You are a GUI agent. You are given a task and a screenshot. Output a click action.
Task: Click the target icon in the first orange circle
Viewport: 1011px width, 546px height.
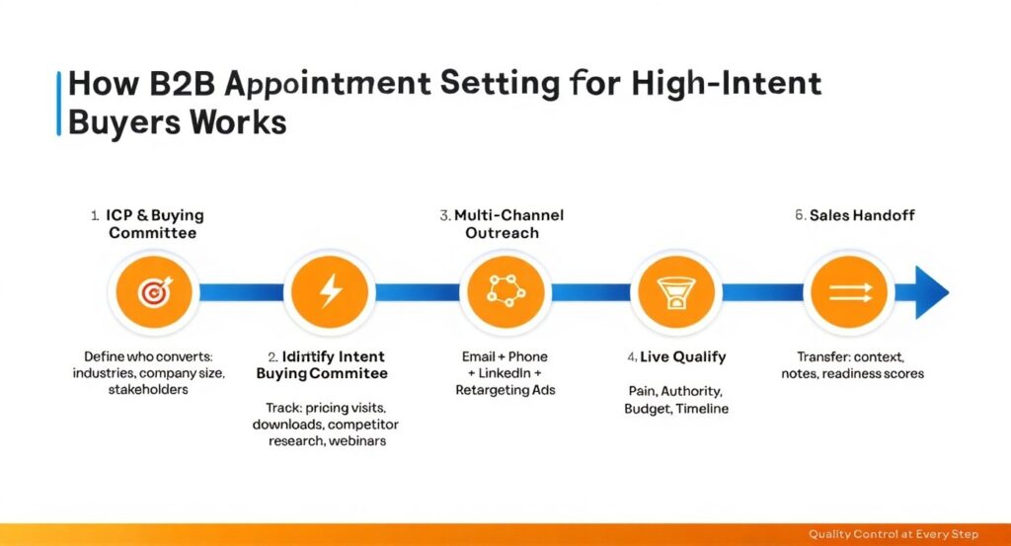(155, 292)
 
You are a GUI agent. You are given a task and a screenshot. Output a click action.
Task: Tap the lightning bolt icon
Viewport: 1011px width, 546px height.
(331, 291)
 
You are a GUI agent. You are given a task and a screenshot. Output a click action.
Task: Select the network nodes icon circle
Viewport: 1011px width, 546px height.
(505, 291)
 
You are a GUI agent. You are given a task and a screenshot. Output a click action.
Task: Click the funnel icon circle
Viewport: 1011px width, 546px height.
(675, 291)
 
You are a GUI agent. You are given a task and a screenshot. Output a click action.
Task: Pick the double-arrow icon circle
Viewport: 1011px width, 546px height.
(849, 291)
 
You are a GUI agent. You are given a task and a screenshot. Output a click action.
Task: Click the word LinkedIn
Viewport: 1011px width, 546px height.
(505, 373)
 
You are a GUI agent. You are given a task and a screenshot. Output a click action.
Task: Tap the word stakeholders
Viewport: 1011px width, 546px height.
(148, 389)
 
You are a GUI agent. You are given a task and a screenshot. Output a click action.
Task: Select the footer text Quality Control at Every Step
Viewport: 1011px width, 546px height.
(894, 534)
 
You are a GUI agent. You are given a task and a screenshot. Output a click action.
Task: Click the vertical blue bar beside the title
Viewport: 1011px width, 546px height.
(58, 103)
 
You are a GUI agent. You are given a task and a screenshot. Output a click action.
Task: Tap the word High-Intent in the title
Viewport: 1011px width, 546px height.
(727, 85)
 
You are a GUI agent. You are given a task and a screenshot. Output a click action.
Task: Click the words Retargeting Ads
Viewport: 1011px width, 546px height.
(505, 390)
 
